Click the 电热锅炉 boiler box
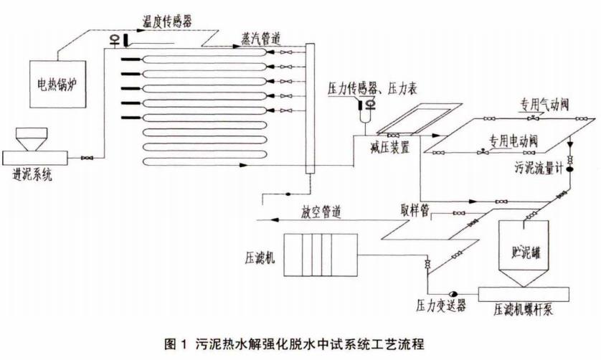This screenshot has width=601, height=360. click(x=57, y=82)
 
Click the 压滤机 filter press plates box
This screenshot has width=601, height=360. click(x=315, y=255)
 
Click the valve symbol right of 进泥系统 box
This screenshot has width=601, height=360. click(x=87, y=158)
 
